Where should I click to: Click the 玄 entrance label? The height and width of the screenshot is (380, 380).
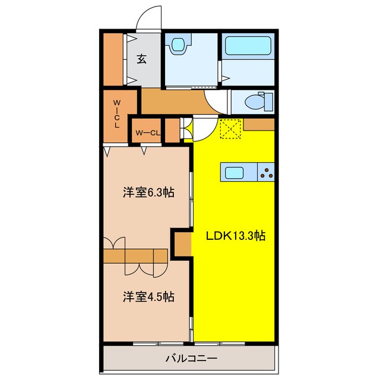[x=142, y=59]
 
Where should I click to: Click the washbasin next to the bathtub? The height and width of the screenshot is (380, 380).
[x=178, y=45]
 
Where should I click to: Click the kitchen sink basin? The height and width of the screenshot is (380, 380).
[x=233, y=173]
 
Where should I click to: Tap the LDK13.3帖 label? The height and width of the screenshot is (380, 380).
[x=235, y=236]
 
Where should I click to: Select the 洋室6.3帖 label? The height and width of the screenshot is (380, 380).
[x=148, y=192]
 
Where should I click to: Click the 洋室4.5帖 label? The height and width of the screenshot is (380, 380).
[x=148, y=295]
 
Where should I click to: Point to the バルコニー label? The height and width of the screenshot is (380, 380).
[x=191, y=359]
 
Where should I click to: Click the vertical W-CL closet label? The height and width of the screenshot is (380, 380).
[x=117, y=115]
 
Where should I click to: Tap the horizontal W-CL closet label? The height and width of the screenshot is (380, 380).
[x=147, y=132]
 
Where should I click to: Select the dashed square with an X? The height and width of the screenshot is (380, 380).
[x=229, y=128]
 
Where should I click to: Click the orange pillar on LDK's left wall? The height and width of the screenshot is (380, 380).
[x=182, y=243]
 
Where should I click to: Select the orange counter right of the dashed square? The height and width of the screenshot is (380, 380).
[x=258, y=124]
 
